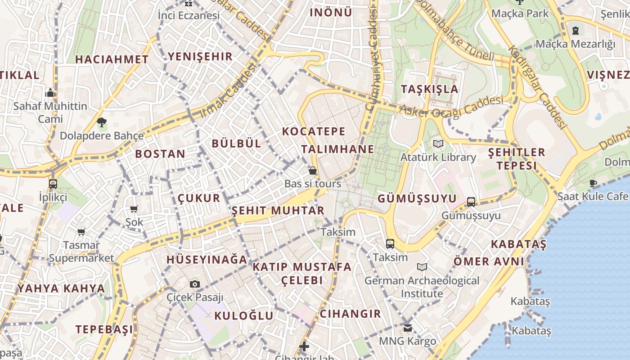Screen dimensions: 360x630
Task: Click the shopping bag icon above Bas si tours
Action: pyautogui.click(x=312, y=171)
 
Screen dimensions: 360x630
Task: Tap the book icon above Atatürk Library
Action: pyautogui.click(x=438, y=144)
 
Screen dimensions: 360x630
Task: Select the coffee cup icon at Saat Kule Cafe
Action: pyautogui.click(x=593, y=183)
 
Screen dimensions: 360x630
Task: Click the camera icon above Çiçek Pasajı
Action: pyautogui.click(x=194, y=284)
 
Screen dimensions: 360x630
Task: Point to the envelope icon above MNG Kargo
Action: pyautogui.click(x=407, y=328)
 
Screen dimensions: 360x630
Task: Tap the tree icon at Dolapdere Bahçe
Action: pyautogui.click(x=102, y=122)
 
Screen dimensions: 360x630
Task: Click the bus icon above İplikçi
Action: pyautogui.click(x=53, y=184)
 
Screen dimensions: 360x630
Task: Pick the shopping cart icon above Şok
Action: pyautogui.click(x=134, y=209)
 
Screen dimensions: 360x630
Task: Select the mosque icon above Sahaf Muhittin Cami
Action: pyautogui.click(x=50, y=93)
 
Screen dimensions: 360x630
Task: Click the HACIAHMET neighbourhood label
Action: pyautogui.click(x=112, y=59)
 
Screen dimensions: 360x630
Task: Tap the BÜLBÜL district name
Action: pyautogui.click(x=236, y=144)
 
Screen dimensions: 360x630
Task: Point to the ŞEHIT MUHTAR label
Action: pyautogui.click(x=278, y=211)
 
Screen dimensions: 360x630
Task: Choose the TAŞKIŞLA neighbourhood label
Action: pyautogui.click(x=430, y=89)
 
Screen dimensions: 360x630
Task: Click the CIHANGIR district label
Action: pyautogui.click(x=350, y=314)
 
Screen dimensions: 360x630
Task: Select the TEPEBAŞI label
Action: pyautogui.click(x=104, y=329)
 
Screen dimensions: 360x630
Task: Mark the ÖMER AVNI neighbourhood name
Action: pyautogui.click(x=488, y=261)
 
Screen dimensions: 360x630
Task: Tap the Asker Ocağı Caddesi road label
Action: pyautogui.click(x=451, y=108)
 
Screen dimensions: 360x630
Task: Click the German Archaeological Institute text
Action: pyautogui.click(x=422, y=287)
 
